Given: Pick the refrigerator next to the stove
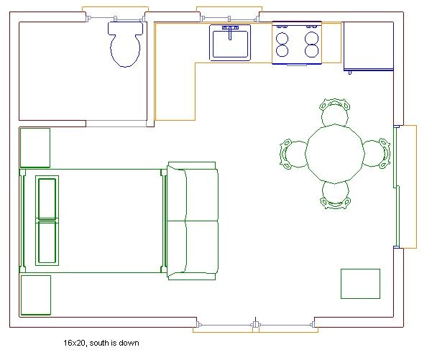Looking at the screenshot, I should pos(369,47).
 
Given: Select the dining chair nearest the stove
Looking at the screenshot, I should pos(335,113).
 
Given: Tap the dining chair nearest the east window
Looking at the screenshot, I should pos(375,153).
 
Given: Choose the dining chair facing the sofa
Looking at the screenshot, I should pos(294,153).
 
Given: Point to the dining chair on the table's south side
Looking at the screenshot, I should pos(335,193).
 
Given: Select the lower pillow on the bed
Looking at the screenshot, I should pos(47,243).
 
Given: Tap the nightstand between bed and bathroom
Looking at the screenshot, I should pos(35,147).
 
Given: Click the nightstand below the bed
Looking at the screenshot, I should pos(35,295).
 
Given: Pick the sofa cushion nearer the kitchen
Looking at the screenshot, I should pos(193,194).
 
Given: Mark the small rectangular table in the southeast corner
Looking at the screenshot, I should pos(360,283).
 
